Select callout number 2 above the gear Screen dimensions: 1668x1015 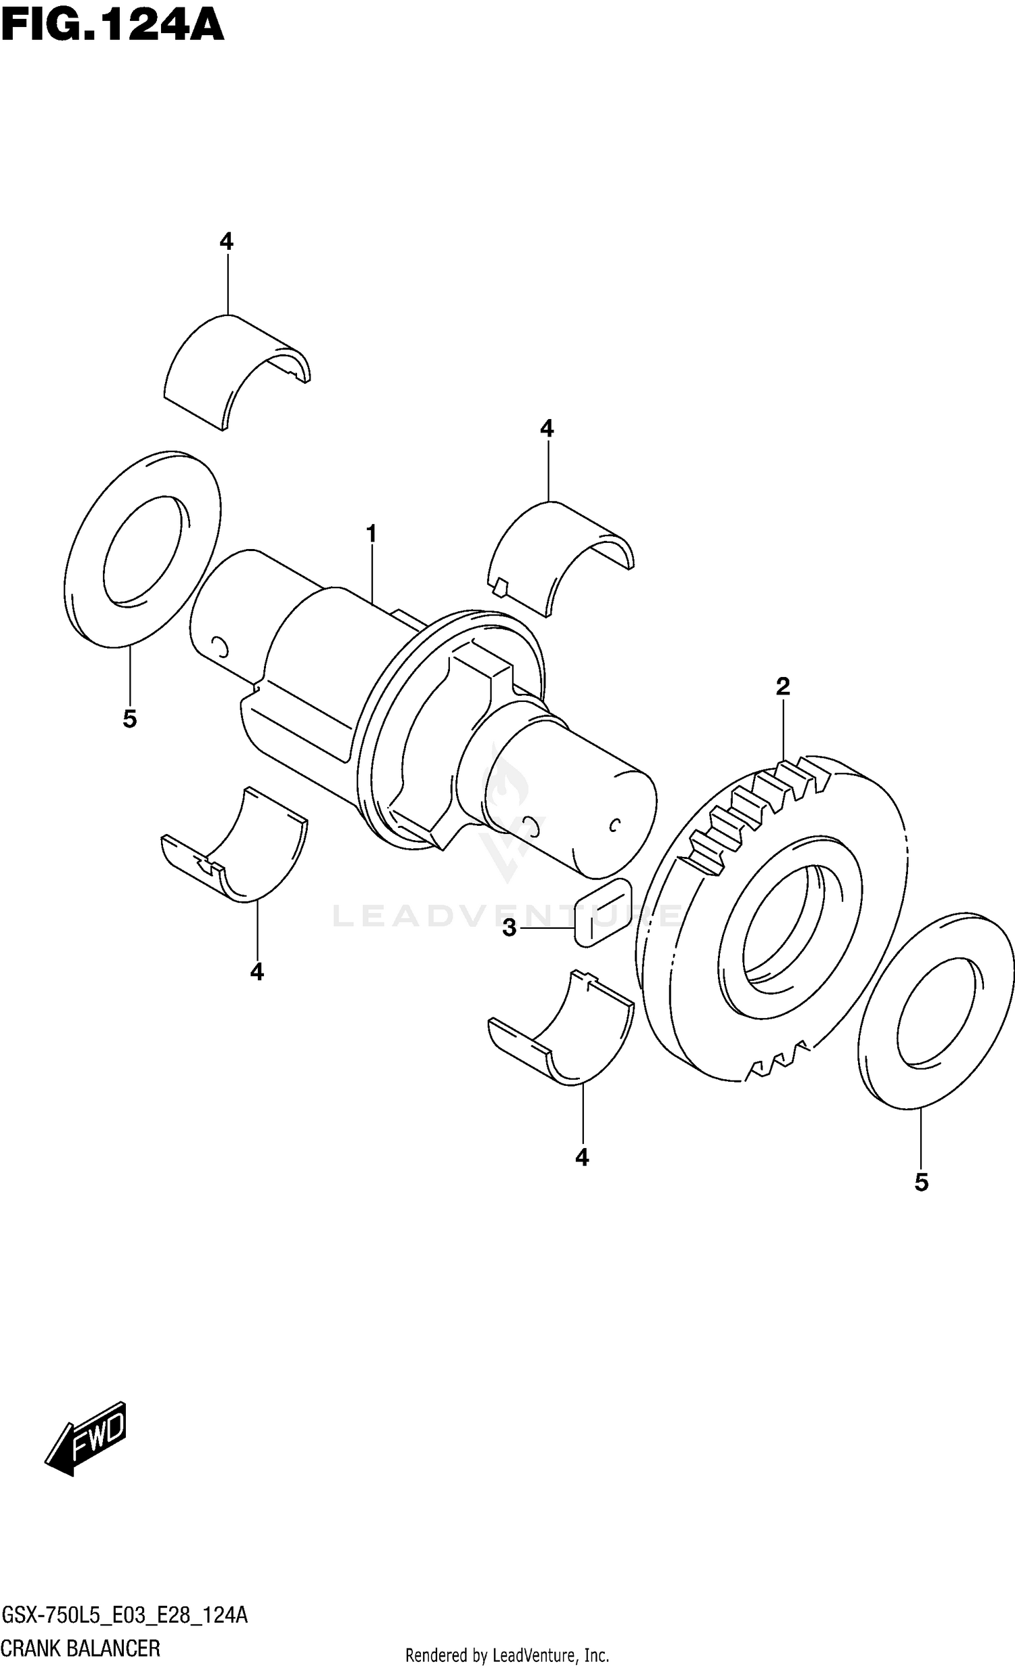point(783,687)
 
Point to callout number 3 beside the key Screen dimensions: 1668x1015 point(510,928)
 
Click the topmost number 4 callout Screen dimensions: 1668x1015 point(227,242)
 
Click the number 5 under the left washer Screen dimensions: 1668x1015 point(130,719)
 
